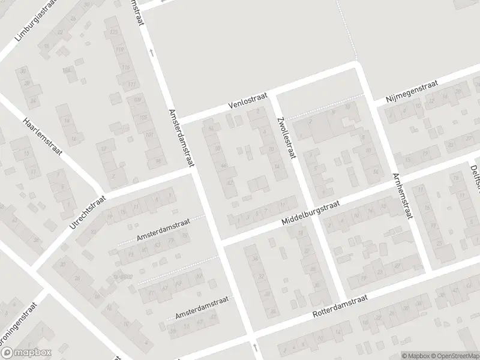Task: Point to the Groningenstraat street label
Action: coord(19,326)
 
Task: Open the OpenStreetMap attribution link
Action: coord(454,356)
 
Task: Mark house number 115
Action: coord(125,68)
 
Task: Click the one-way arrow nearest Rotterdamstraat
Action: coord(256,347)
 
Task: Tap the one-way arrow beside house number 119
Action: coord(151,53)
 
